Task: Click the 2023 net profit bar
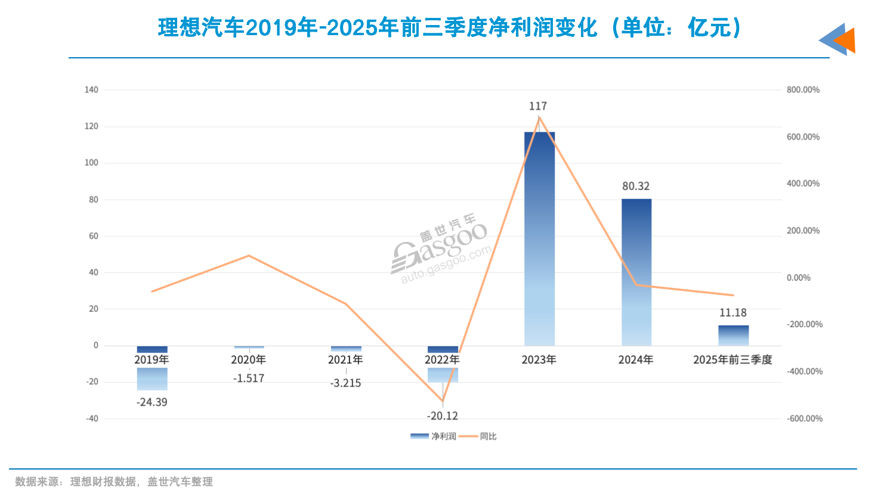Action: [x=539, y=238]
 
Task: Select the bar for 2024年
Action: [x=636, y=272]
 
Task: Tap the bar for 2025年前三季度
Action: [x=733, y=335]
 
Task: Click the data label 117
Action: [x=537, y=106]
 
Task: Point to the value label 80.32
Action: [x=636, y=187]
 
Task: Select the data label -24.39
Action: [x=152, y=402]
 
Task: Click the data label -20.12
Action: [x=442, y=416]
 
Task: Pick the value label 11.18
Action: [x=732, y=313]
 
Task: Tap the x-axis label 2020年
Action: [x=248, y=360]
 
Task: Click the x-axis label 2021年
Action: [x=345, y=360]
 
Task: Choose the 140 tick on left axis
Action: [x=91, y=90]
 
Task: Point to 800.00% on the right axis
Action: [x=803, y=90]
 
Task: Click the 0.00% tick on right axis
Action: [x=798, y=278]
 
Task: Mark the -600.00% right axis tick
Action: [x=804, y=419]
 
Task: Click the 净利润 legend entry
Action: [x=434, y=437]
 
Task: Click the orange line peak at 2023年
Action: [x=539, y=117]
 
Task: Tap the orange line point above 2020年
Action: [x=249, y=256]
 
